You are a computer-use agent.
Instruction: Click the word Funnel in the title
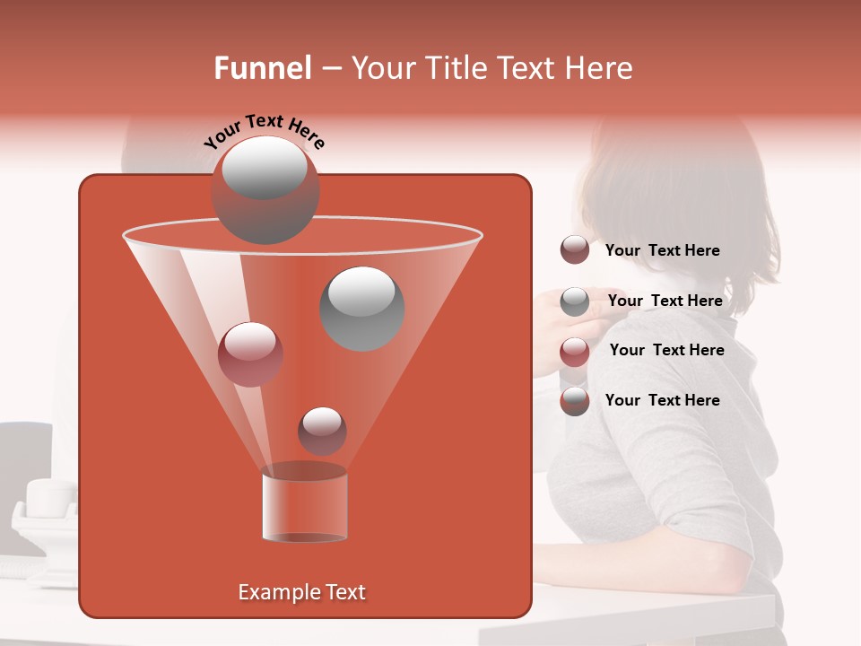click(263, 68)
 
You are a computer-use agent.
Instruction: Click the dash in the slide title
click(331, 69)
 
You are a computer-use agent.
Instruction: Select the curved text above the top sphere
click(265, 133)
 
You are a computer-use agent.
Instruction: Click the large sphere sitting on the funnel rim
click(265, 190)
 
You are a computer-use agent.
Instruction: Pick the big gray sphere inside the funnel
click(361, 308)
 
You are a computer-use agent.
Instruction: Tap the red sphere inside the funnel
click(250, 354)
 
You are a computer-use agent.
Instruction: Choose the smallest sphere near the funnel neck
click(322, 431)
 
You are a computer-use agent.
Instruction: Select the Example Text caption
click(302, 592)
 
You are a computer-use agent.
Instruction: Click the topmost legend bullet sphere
click(574, 250)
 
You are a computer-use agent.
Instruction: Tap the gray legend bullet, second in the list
click(574, 301)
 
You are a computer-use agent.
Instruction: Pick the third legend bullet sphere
click(574, 351)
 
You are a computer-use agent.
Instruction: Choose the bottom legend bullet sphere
click(574, 401)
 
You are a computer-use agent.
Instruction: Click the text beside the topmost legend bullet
click(662, 250)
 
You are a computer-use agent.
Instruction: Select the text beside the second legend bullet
click(665, 301)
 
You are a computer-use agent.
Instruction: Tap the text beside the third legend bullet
click(666, 350)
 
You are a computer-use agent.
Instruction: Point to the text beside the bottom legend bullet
click(662, 400)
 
